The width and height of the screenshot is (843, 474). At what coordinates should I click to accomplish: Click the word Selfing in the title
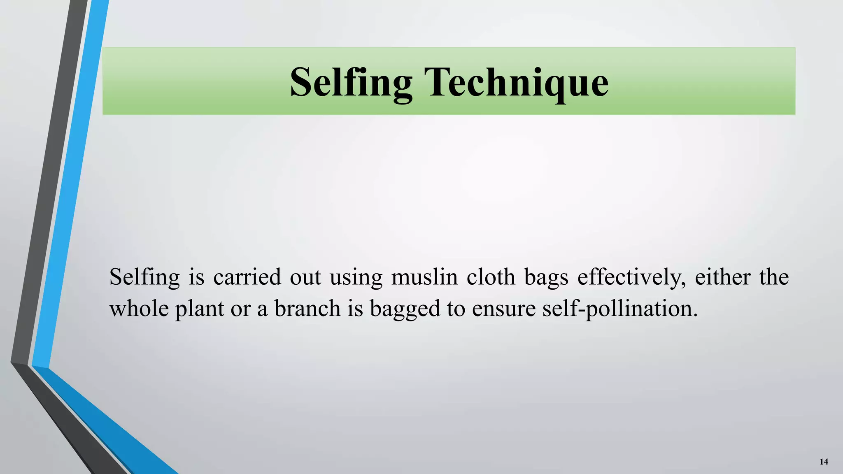[351, 82]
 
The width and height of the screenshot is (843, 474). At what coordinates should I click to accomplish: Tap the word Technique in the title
[518, 82]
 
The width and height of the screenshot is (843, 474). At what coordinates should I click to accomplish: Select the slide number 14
[824, 462]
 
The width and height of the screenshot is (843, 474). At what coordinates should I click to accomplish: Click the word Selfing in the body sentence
[144, 277]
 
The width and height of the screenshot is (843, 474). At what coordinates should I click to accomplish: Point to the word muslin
[424, 277]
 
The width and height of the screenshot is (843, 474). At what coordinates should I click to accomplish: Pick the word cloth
[491, 277]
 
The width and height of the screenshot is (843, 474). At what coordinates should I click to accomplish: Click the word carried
[247, 277]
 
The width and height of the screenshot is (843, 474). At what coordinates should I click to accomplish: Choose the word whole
[139, 309]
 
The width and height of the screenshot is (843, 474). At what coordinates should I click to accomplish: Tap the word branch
[307, 309]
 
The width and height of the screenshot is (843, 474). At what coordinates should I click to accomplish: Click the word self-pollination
[620, 309]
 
